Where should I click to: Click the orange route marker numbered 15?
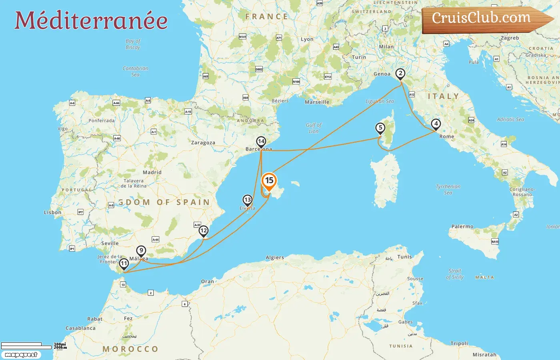[x=269, y=181]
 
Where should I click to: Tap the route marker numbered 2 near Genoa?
[x=400, y=74]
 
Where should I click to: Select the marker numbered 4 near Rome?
[x=436, y=124]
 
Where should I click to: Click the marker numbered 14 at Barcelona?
[x=261, y=142]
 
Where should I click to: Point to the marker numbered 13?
[x=248, y=200]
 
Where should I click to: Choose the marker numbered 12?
[x=204, y=230]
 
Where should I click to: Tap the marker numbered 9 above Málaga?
[x=141, y=251]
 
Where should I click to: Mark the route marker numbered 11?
[x=124, y=264]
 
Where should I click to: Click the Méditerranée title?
[x=91, y=20]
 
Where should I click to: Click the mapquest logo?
[x=21, y=354]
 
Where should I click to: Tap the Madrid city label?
[x=152, y=172]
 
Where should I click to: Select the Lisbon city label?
[x=52, y=212]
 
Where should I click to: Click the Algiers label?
[x=275, y=258]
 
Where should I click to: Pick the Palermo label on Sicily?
[x=462, y=226]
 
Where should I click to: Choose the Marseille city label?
[x=317, y=102]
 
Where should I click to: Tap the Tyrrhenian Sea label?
[x=448, y=190]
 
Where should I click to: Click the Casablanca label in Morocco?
[x=80, y=328]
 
